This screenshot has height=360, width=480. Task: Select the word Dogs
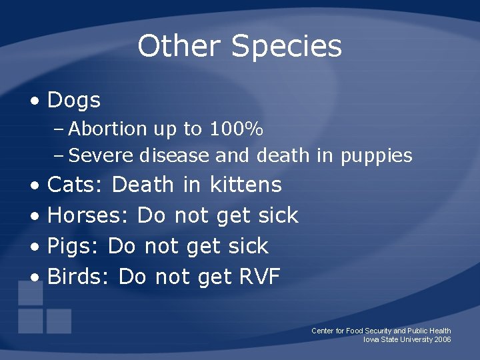tap(74, 101)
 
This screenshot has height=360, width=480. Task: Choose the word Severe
tap(102, 156)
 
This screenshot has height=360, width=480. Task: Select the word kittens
tap(245, 185)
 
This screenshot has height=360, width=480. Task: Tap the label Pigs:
tap(73, 247)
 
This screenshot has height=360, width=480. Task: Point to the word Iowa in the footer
tap(371, 339)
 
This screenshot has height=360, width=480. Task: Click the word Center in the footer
tap(323, 331)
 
